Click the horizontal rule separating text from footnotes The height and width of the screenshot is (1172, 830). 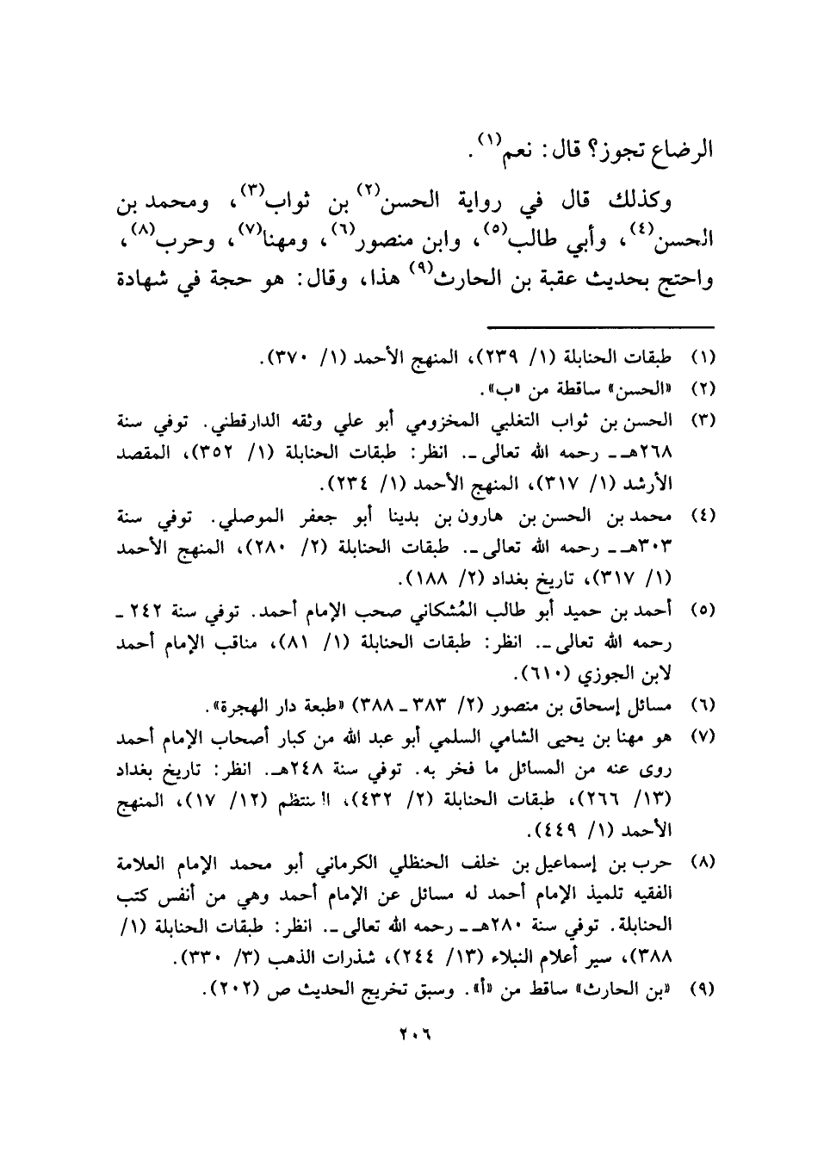click(601, 326)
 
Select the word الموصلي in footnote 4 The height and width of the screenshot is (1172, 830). click(261, 517)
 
